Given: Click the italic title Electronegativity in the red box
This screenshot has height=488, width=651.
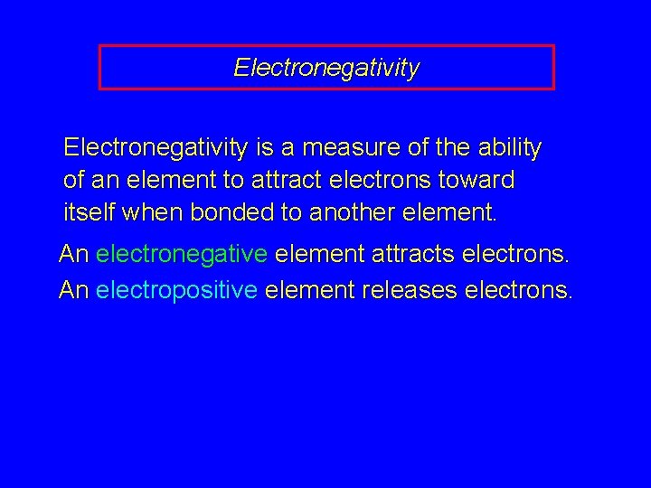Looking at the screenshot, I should [326, 68].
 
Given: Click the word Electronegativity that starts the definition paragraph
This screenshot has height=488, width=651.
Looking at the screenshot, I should [155, 147].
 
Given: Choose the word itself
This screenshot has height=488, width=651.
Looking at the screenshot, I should [88, 214].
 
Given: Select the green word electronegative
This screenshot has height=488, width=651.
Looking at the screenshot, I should [181, 254].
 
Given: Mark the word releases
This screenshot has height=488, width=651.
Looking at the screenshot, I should [406, 290].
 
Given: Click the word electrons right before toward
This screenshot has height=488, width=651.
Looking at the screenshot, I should [379, 181].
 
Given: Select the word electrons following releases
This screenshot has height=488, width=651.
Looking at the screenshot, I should [516, 290].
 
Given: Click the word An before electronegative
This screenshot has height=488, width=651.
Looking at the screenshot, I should [73, 254].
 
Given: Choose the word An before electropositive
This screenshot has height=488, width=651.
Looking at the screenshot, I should [73, 290].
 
